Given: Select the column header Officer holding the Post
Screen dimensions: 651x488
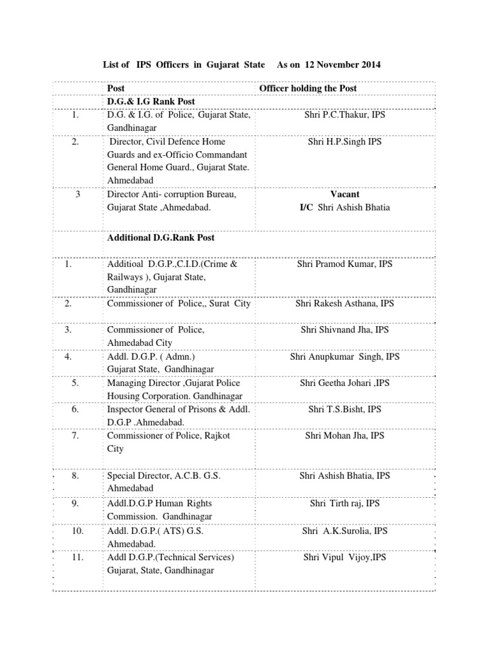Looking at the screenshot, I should point(308,88).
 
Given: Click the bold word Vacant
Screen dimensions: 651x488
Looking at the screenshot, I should point(345,195).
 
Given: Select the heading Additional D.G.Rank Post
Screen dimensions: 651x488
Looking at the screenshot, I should point(161,237).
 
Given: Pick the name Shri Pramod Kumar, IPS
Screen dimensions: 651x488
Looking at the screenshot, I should point(345,264).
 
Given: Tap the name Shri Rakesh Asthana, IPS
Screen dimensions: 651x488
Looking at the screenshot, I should point(345,304).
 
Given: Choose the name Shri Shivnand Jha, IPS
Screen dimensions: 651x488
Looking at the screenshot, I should point(345,331).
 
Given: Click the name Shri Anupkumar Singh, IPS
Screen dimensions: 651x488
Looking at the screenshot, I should point(345,357).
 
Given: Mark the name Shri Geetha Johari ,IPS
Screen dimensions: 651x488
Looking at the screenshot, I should point(345,383).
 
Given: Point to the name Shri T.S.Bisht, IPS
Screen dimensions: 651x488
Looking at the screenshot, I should point(345,410).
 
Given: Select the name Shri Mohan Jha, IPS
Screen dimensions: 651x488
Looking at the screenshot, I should point(345,436).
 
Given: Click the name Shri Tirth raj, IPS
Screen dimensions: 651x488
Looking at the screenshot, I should point(345,504).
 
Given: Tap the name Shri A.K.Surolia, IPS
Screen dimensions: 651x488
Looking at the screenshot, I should point(345,531).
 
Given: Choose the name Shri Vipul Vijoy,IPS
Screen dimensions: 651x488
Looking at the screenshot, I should point(345,558).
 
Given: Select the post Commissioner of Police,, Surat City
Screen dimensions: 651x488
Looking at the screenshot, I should point(179,304).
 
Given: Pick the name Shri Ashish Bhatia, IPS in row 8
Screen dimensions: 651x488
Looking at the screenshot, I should point(345,476).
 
